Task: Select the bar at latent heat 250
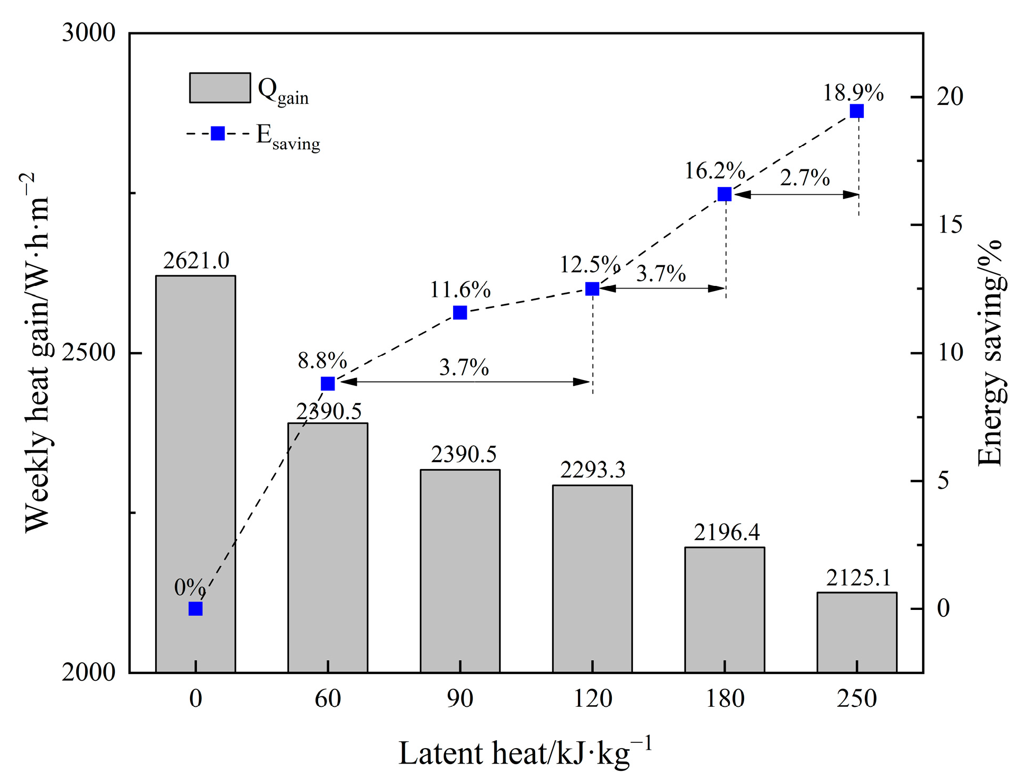coord(856,632)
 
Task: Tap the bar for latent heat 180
coord(724,609)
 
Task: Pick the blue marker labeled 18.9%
coord(856,111)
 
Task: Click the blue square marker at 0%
coord(195,609)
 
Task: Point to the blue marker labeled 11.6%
coord(460,313)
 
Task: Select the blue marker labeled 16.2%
coord(724,194)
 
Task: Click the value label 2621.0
coord(196,261)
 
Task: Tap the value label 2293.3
coord(593,470)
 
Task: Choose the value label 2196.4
coord(726,533)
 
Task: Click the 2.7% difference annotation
coord(804,178)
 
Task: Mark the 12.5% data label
coord(590,264)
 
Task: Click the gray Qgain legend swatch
coord(220,88)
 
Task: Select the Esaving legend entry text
coord(288,137)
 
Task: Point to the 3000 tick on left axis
coord(88,33)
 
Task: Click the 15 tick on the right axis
coord(949,225)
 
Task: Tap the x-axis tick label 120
coord(593,699)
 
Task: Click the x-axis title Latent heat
coord(524,753)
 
